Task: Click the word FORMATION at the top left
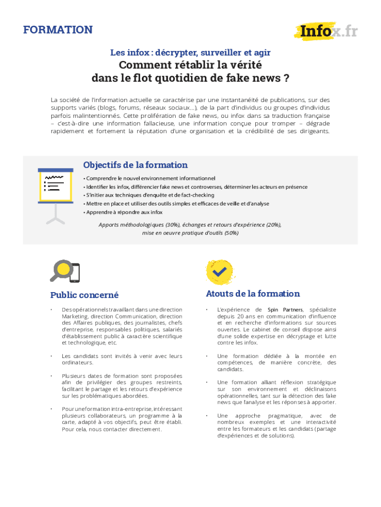click(58, 30)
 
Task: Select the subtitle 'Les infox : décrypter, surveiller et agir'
click(190, 52)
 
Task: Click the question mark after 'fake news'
click(286, 79)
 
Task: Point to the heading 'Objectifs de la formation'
click(135, 165)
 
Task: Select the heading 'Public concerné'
click(84, 295)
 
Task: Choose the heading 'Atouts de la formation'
click(252, 294)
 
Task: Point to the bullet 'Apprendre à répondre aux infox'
click(124, 212)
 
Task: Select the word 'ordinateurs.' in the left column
click(77, 362)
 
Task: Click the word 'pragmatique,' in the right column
click(286, 415)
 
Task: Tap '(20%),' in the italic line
click(272, 224)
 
